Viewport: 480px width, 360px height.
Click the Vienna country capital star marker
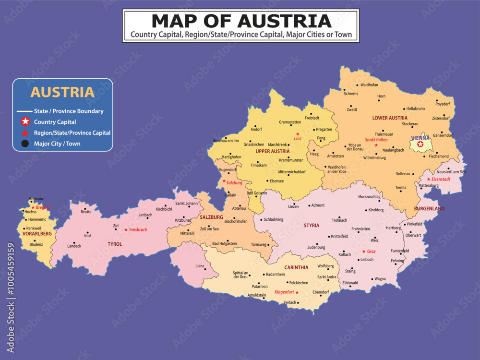coord(420,144)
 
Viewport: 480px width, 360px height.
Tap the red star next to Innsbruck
coord(126,229)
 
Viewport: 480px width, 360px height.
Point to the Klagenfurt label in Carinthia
coord(284,292)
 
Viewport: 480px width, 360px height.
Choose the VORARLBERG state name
coord(37,234)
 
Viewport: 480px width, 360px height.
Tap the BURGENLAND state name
coord(429,209)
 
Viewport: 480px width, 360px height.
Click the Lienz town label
coord(199,266)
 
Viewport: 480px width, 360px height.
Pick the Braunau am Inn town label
coord(226,141)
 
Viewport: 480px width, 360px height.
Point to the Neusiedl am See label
coord(451,172)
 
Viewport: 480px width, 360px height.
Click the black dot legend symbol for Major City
coord(25,144)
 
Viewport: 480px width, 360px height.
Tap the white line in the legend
coord(24,111)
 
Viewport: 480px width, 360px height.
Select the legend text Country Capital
coord(55,122)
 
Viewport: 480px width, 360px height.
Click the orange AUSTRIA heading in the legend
coord(62,92)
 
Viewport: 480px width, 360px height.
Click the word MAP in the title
coord(180,21)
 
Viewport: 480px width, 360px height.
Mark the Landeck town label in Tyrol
coord(74,246)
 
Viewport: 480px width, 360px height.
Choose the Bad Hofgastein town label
coord(225,244)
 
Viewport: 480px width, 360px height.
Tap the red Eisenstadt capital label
coord(441,179)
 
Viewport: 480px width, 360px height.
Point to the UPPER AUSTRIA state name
coord(273,151)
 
